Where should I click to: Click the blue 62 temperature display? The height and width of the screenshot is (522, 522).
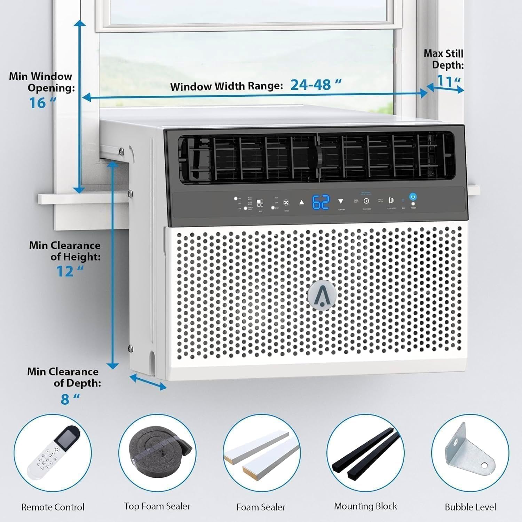(321, 202)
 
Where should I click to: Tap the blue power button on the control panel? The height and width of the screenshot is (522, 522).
(413, 197)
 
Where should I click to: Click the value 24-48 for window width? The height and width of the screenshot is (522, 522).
(311, 85)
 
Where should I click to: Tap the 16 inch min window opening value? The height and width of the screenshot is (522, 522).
(38, 103)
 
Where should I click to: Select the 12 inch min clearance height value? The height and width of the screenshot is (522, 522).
(66, 271)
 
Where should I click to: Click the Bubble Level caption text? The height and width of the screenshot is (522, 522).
(470, 507)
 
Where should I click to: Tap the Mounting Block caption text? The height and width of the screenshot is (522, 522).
(365, 506)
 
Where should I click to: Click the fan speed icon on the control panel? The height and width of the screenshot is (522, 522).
(286, 203)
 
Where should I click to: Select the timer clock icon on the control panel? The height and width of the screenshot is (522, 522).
(366, 201)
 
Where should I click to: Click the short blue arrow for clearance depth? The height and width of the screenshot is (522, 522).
(148, 382)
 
